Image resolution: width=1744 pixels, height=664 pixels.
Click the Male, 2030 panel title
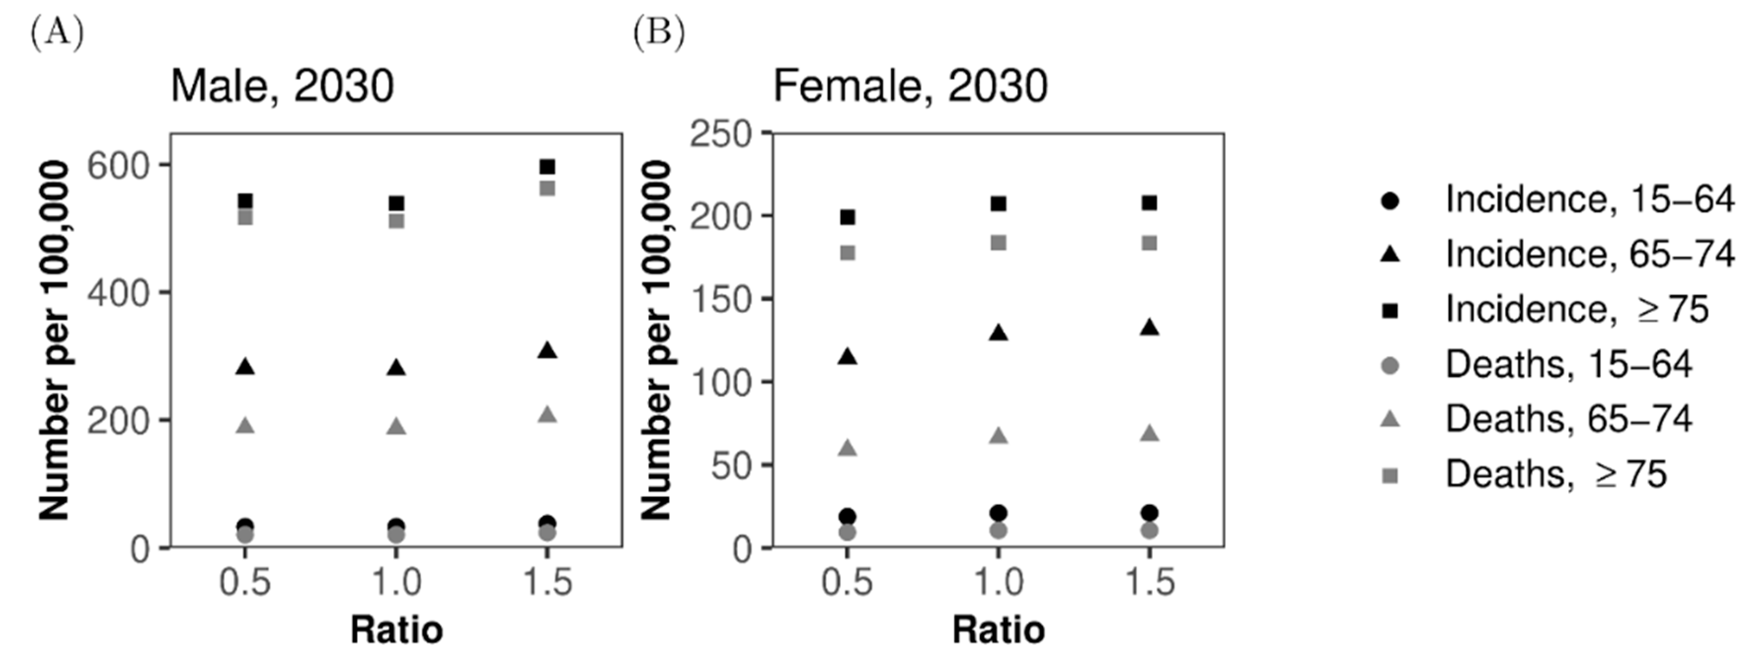coord(282,87)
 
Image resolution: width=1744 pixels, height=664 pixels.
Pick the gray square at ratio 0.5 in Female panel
coord(848,253)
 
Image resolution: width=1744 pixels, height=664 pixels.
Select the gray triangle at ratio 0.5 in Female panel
coord(848,449)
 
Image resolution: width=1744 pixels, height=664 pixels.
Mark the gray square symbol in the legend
coord(1390,476)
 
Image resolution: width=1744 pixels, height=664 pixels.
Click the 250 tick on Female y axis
coord(720,133)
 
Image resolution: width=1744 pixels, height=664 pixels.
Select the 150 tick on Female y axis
coord(720,299)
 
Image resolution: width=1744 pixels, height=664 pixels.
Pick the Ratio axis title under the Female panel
coord(999,630)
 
